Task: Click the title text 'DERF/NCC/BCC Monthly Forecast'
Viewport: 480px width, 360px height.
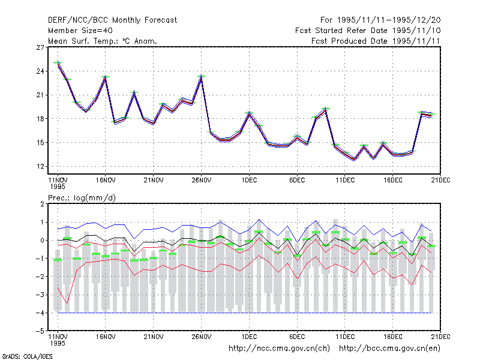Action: (112, 20)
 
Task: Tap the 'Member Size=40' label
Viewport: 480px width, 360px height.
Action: (80, 31)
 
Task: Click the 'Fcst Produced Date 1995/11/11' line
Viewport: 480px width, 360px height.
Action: (376, 41)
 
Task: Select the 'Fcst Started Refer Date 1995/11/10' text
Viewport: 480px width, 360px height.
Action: (368, 31)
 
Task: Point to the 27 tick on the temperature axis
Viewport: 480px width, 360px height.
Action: (40, 47)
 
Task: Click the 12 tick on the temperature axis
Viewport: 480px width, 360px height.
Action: (40, 167)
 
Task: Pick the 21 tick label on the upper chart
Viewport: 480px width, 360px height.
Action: (40, 95)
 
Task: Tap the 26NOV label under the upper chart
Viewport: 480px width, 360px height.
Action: (202, 181)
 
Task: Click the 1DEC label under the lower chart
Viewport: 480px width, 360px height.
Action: (249, 337)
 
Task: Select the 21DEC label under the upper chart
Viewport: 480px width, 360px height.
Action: (440, 181)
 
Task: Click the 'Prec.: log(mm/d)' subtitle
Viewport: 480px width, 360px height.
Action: (82, 198)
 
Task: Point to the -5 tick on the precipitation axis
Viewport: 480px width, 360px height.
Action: (40, 331)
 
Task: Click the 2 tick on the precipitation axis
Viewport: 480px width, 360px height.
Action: (42, 204)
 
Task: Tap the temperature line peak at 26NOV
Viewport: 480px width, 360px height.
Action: (202, 78)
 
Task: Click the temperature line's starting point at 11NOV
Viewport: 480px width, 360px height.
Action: (58, 64)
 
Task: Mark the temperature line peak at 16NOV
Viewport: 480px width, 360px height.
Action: (106, 78)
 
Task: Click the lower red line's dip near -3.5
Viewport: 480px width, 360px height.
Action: (67, 304)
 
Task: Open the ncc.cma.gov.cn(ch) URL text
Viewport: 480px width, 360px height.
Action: (279, 349)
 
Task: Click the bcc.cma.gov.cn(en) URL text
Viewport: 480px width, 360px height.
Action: (389, 349)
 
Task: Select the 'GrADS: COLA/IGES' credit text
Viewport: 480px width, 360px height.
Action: (27, 356)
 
